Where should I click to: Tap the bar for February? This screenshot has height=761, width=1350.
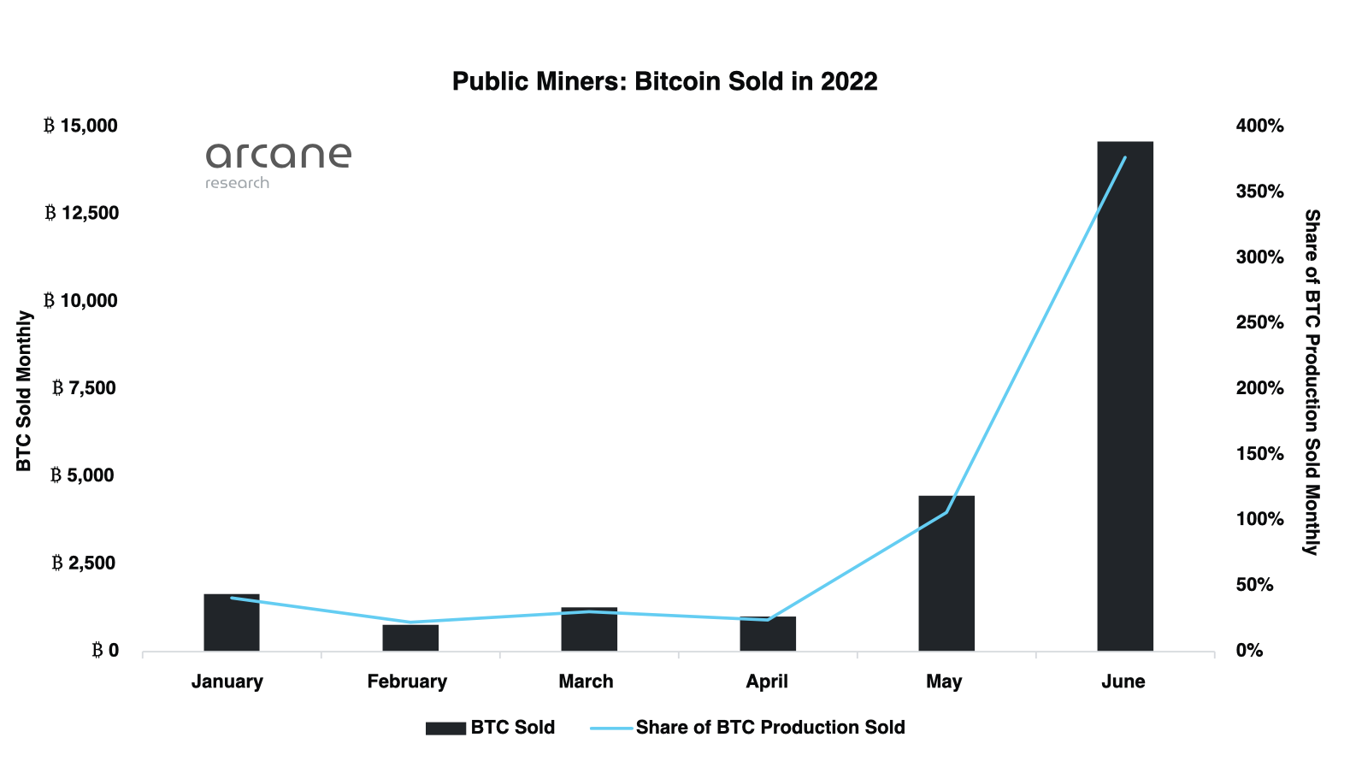(410, 638)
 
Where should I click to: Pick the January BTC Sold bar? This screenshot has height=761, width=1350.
(231, 622)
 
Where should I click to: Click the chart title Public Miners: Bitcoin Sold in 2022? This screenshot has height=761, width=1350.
(664, 81)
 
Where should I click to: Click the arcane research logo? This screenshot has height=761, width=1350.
(278, 165)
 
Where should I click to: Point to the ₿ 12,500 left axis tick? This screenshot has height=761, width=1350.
(82, 213)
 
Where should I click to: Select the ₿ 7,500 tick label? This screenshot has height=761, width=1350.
(84, 388)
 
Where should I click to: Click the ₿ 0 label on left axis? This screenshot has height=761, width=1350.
(106, 651)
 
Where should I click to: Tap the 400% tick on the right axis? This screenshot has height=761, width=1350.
(1259, 126)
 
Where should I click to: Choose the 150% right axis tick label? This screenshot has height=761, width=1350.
(1259, 454)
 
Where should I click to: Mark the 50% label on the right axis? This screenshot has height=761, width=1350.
(1254, 585)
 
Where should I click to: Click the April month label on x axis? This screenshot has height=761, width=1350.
(766, 681)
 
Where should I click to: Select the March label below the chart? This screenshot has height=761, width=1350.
(586, 681)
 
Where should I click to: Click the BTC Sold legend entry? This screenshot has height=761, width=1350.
(491, 728)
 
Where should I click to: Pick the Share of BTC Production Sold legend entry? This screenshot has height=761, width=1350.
(748, 728)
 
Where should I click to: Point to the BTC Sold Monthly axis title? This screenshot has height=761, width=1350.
(24, 391)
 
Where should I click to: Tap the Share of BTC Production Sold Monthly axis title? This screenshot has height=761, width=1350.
(1312, 382)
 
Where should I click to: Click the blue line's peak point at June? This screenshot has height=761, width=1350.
(1124, 157)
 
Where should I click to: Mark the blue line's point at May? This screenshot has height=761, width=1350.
(946, 512)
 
